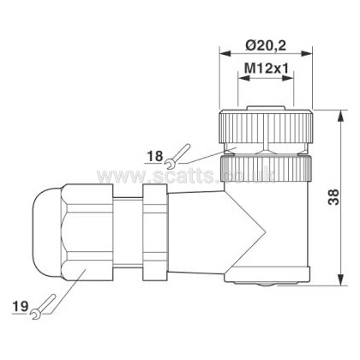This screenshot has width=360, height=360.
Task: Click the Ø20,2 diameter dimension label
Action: point(266,45)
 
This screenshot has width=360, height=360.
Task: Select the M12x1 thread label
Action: point(267,69)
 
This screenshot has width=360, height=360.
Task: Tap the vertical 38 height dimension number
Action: point(333,197)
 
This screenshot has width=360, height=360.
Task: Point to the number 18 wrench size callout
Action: point(155,157)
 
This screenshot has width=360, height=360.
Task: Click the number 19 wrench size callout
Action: point(21,307)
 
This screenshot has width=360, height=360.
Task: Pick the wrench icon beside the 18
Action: point(177,155)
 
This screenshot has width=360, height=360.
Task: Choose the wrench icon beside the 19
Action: point(44,307)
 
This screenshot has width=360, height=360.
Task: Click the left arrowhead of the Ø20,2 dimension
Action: point(225,53)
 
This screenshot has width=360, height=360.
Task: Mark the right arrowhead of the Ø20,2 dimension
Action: point(307,53)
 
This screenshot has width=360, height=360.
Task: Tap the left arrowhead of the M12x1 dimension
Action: point(243,78)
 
